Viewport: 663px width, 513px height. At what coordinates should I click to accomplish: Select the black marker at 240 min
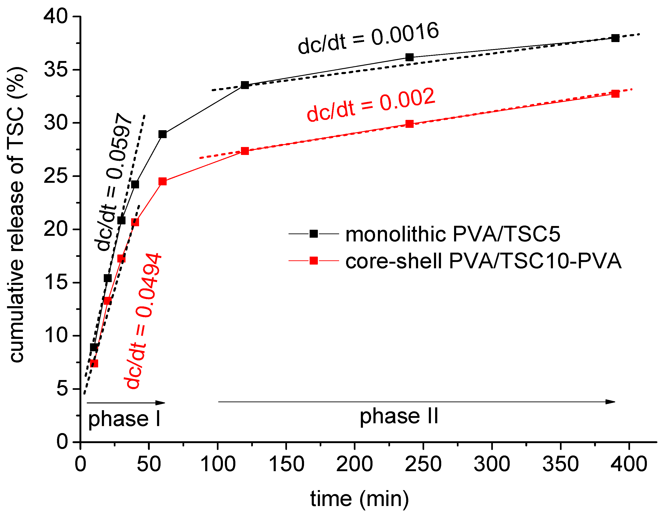click(409, 57)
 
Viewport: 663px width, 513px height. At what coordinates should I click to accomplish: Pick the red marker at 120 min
click(245, 151)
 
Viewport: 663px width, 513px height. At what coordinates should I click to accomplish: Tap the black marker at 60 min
click(163, 134)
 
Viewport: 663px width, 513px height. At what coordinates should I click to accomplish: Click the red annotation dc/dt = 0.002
click(371, 105)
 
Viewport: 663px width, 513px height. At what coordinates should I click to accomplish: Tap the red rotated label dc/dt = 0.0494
click(143, 321)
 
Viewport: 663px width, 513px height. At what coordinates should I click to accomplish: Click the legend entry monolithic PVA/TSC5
click(452, 234)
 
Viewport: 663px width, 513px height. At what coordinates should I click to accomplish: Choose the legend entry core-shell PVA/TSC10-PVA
click(483, 261)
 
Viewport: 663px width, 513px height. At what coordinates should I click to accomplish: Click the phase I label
click(124, 419)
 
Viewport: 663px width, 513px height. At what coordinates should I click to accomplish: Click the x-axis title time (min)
click(359, 499)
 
